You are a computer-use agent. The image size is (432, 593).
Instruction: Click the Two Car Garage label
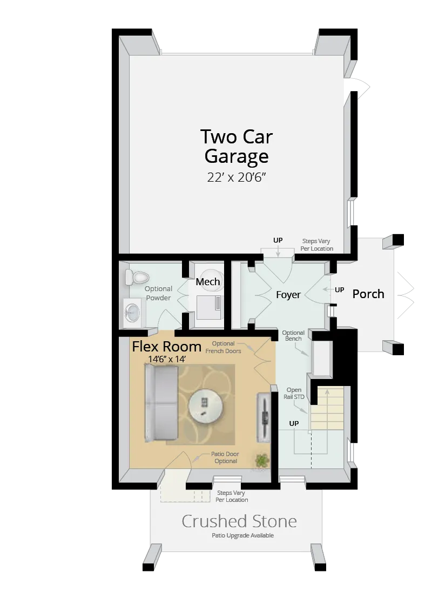tap(236, 146)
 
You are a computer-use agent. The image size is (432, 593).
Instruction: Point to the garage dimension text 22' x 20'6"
tap(237, 177)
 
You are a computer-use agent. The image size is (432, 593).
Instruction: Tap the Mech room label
tap(208, 282)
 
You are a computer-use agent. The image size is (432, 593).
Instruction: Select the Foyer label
tap(288, 295)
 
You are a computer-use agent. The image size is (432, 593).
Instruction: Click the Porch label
tap(368, 294)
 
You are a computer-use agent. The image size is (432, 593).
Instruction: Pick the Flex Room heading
tap(166, 346)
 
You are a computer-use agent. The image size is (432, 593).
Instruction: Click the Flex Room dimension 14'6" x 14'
tap(167, 358)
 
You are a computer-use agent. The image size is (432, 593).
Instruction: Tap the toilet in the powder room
tap(137, 278)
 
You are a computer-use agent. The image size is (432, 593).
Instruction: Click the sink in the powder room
tap(132, 312)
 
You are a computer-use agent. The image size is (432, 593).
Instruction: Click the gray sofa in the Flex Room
tap(161, 403)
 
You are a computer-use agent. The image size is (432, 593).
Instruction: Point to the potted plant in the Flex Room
tap(262, 461)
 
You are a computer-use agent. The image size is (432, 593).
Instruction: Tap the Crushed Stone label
tap(239, 521)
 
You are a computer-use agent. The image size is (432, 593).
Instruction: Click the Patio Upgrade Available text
tap(242, 535)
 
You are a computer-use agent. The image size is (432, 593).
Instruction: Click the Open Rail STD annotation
tap(294, 393)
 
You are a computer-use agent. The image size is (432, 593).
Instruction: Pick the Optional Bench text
tap(293, 336)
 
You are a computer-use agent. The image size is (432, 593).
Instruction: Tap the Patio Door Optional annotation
tap(225, 458)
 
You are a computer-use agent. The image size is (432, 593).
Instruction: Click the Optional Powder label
tap(158, 293)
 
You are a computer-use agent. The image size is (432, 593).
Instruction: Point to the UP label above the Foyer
tap(278, 240)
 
